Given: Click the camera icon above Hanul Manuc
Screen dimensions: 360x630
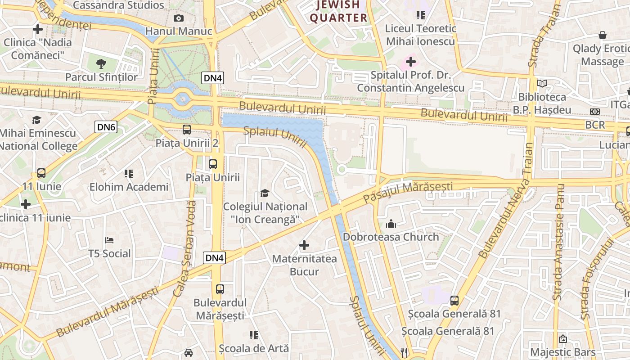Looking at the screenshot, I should pos(179,18).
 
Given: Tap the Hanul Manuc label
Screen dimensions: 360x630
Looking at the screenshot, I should pos(179,31).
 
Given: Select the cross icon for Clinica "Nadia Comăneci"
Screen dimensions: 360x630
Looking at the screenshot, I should pos(38,30).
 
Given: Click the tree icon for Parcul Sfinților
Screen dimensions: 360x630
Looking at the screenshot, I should pos(102,63).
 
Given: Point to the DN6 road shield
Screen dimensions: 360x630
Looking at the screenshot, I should pos(106,127).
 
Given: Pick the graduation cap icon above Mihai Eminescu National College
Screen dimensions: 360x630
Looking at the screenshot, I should pos(36,120).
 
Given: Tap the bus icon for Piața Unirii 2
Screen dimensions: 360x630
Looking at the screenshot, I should pos(187,130).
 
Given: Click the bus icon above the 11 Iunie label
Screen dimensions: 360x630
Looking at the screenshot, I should pos(41,173).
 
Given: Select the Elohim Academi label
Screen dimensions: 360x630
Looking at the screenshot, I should pos(129,187).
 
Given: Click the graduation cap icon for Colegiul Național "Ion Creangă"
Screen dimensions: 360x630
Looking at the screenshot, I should pos(265,193).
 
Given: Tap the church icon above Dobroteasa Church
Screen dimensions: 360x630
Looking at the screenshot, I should pos(391,224).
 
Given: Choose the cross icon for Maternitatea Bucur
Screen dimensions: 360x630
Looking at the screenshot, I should pos(304,245).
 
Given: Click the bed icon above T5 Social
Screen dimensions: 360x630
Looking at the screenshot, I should pos(109,240).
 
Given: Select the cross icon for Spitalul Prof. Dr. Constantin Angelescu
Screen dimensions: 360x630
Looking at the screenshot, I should pos(410,61).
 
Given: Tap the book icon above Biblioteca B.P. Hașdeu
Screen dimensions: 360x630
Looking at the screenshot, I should pos(542,84).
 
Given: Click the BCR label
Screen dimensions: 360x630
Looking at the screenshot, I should pos(595,125).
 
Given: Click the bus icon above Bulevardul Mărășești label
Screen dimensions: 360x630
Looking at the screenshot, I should pos(220,289).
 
